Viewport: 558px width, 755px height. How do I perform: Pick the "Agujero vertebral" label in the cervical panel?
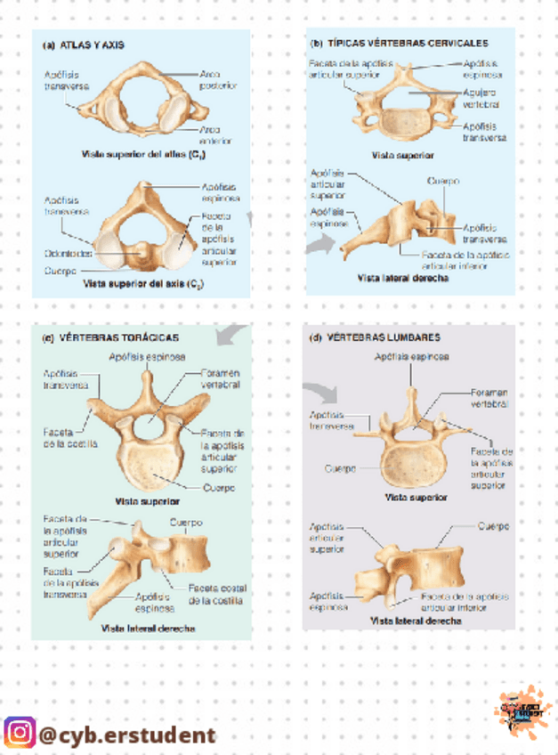click(481, 98)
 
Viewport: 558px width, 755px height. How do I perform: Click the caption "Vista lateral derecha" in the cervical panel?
click(402, 278)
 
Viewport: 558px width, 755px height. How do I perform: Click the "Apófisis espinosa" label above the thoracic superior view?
click(147, 357)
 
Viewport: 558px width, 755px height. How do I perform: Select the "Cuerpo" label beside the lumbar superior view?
click(341, 467)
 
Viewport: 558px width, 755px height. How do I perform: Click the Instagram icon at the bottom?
click(20, 734)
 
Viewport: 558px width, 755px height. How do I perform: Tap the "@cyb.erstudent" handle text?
click(127, 735)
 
